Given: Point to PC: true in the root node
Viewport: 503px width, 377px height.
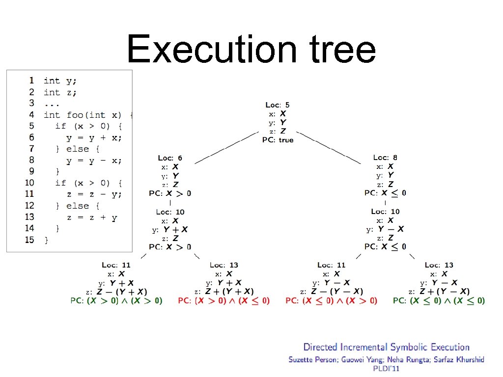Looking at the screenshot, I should coord(278,140).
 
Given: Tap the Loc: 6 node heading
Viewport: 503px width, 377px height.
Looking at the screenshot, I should coord(170,158).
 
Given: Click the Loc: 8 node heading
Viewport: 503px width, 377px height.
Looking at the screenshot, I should coord(385,158).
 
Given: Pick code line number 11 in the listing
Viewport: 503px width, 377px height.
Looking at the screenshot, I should coord(29,194).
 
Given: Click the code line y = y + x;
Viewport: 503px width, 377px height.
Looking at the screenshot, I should coord(93,137).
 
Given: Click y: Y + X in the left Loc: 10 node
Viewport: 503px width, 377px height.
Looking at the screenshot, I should coord(170,229).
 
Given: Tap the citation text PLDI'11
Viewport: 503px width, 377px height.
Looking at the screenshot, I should coord(386,368).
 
